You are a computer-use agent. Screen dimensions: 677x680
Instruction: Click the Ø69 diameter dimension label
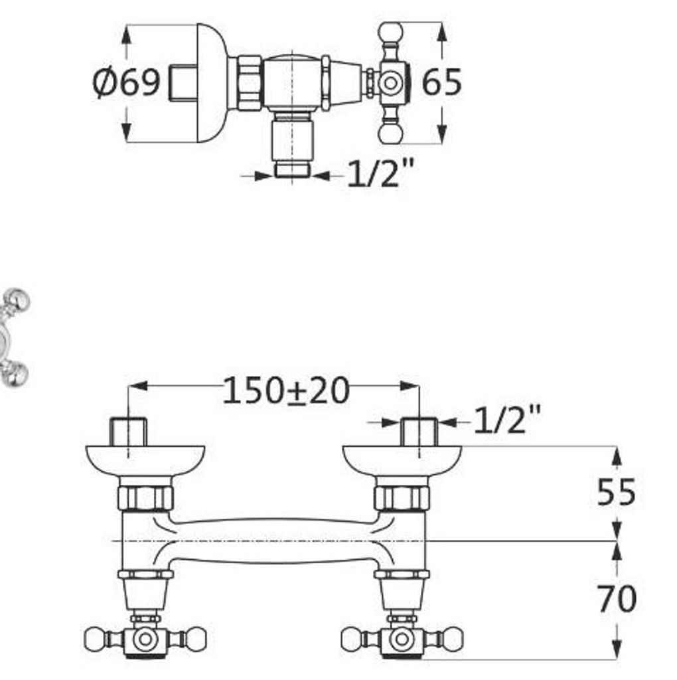[x=125, y=82]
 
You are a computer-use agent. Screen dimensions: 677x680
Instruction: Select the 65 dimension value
[x=441, y=82]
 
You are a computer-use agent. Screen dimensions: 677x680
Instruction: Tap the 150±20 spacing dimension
[x=285, y=390]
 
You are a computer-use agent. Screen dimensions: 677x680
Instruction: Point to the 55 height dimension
[x=616, y=491]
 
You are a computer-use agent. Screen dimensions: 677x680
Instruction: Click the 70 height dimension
[x=617, y=599]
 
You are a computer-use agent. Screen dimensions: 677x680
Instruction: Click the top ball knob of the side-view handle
[x=390, y=33]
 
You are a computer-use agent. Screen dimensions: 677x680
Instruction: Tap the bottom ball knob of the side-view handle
[x=390, y=133]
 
